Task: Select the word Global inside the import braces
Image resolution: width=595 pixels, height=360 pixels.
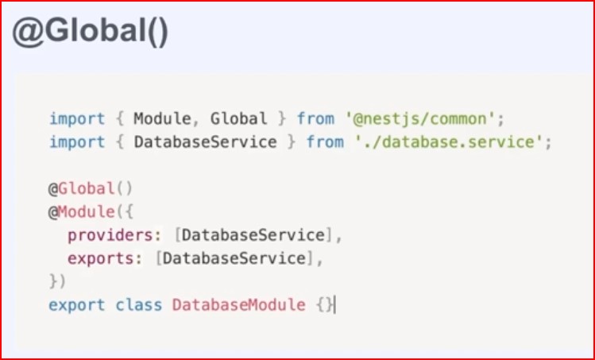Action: click(239, 119)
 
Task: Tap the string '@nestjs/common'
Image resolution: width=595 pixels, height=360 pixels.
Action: click(425, 119)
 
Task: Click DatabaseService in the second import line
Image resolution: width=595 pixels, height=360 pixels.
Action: click(205, 143)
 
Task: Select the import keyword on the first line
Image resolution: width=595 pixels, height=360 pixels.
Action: click(77, 119)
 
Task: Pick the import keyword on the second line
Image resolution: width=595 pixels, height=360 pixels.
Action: click(77, 143)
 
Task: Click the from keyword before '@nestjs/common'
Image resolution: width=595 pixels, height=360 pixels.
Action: click(315, 119)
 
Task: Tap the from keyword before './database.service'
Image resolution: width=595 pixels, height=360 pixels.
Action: click(325, 143)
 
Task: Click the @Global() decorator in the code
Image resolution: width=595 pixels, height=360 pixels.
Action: click(91, 189)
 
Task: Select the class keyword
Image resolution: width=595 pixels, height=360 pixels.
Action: click(139, 304)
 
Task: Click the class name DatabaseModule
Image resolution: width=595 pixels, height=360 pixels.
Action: click(238, 304)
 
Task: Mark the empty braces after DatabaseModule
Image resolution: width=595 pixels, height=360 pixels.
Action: click(324, 304)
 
